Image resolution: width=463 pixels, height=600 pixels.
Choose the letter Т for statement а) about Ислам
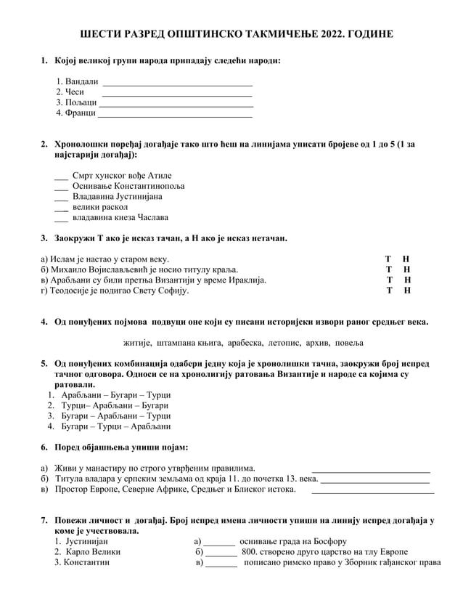tap(388, 259)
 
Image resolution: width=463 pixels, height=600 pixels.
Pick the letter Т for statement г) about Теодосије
tap(389, 291)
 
